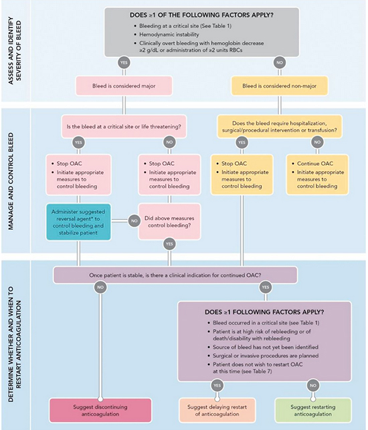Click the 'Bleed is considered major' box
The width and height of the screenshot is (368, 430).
pos(123,86)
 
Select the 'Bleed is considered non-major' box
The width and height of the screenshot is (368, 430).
pos(278,86)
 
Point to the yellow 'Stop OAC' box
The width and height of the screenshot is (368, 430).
pos(239,173)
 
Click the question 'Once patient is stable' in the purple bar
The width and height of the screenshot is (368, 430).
pos(175,275)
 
